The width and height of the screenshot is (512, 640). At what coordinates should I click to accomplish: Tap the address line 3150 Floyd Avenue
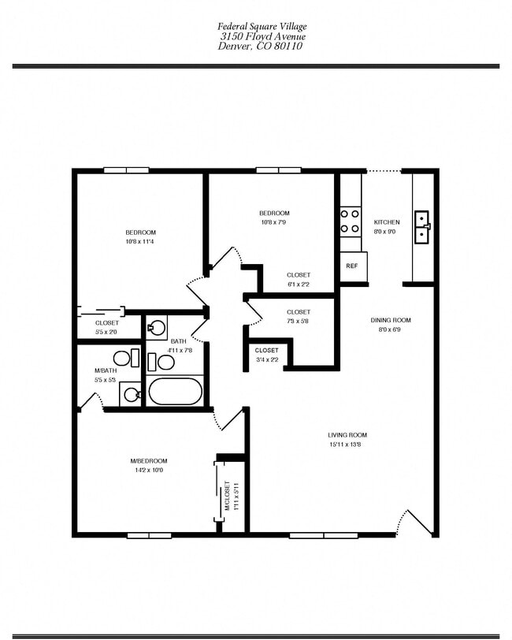click(x=262, y=36)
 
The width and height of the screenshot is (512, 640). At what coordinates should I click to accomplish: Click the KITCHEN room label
click(x=386, y=222)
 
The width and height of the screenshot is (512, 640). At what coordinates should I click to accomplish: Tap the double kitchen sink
click(x=423, y=224)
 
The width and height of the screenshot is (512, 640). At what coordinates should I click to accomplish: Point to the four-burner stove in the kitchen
click(x=350, y=221)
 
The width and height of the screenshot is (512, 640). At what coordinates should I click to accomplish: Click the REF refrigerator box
click(x=351, y=266)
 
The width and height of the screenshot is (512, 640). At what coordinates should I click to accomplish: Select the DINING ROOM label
click(x=391, y=320)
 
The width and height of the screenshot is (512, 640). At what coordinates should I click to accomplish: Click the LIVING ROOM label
click(x=347, y=435)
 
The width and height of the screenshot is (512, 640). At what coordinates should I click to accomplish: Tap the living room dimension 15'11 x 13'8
click(x=347, y=445)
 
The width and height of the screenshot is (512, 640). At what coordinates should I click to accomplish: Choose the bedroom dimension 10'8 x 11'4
click(x=140, y=242)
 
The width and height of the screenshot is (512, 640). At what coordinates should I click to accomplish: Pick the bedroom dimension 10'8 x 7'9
click(x=274, y=223)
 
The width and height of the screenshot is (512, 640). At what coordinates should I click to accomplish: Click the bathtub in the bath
click(x=175, y=391)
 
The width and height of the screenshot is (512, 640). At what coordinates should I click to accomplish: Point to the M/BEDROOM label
click(x=148, y=460)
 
